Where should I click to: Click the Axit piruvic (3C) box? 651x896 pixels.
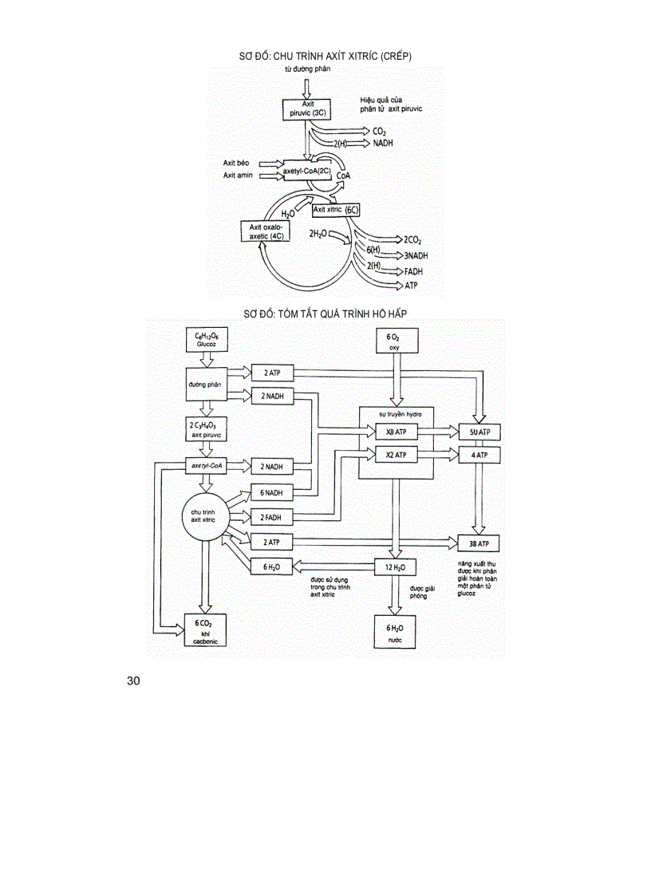coord(307,109)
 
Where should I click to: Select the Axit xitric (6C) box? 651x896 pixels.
coord(335,210)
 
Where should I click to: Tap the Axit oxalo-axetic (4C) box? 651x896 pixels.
coord(266,232)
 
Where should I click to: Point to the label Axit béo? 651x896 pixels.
coord(237,163)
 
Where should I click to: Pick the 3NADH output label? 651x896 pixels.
coord(416,256)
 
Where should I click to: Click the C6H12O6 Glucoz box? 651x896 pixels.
coord(206,339)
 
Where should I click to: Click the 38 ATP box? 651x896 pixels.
coord(479,544)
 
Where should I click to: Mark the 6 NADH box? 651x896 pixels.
coord(272,492)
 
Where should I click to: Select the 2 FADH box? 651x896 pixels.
coord(272,517)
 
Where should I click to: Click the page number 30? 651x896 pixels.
coord(133,681)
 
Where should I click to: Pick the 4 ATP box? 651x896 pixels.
coord(479,455)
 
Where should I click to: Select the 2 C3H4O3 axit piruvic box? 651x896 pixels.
coord(205,430)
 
